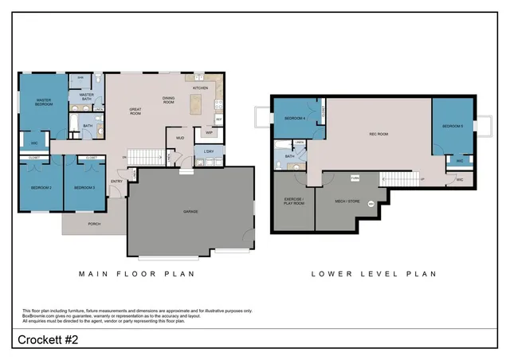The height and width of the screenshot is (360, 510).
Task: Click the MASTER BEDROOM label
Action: (x=43, y=102)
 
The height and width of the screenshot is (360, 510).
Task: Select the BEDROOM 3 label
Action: (x=84, y=187)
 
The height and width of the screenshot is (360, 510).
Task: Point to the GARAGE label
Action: (x=190, y=211)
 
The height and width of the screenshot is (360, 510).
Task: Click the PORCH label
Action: (x=94, y=225)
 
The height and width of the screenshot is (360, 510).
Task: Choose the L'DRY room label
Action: (x=209, y=151)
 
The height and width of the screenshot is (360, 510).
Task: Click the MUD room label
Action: (x=180, y=138)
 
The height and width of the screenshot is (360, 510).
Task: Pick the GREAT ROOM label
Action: (x=140, y=112)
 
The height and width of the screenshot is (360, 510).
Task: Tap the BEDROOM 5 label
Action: (x=453, y=125)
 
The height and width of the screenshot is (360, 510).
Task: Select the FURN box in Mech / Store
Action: (x=355, y=178)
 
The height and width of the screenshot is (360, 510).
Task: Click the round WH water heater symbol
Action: (x=371, y=203)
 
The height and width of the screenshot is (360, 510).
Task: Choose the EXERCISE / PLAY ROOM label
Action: (x=292, y=202)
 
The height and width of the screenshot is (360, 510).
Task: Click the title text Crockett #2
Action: (x=48, y=341)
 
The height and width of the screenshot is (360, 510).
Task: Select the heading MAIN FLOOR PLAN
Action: (x=136, y=273)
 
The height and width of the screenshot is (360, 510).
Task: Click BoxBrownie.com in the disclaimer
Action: (x=39, y=315)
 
